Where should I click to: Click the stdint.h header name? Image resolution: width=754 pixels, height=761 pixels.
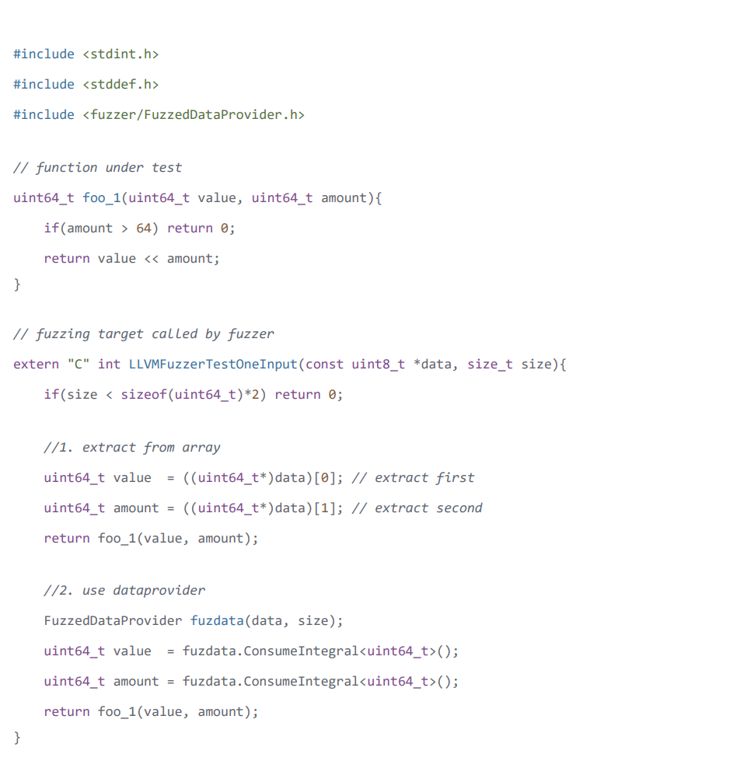point(120,54)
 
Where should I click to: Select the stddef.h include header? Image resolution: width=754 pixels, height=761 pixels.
point(120,85)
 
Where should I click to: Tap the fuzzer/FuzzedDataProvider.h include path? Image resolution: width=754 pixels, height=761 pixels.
point(194,114)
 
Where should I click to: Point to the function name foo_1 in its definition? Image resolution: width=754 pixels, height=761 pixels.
point(101,198)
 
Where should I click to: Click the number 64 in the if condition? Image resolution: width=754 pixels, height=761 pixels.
point(144,228)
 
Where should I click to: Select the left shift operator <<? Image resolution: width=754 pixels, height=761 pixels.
point(152,259)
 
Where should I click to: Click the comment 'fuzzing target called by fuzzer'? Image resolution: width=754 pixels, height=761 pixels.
point(144,334)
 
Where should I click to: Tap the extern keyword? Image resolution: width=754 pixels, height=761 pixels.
point(37,365)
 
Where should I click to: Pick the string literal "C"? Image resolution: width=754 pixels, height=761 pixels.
point(78,364)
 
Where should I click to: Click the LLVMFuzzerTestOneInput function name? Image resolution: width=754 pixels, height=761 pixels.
point(213,365)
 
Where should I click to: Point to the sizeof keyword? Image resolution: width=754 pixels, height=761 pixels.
point(144,395)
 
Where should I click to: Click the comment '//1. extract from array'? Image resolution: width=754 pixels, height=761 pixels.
point(132,448)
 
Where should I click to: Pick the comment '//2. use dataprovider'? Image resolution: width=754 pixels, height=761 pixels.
point(124,591)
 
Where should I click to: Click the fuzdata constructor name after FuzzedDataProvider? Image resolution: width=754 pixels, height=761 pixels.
point(217,621)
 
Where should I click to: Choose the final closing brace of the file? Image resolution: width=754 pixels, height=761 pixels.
point(17,738)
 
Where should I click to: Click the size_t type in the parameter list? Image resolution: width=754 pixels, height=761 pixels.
point(490,365)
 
